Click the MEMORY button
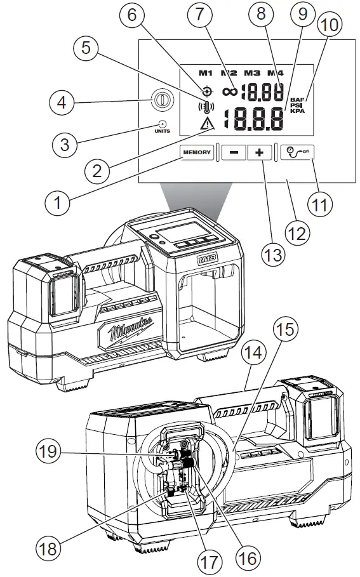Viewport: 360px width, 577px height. tap(197, 153)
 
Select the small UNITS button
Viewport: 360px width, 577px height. tap(161, 125)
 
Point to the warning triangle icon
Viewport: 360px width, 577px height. tap(208, 124)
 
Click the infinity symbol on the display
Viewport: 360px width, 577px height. tap(230, 91)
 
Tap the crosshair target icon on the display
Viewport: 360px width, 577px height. tap(207, 90)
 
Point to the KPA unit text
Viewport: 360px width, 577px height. tap(297, 111)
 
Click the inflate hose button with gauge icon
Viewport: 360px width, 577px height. tap(298, 153)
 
